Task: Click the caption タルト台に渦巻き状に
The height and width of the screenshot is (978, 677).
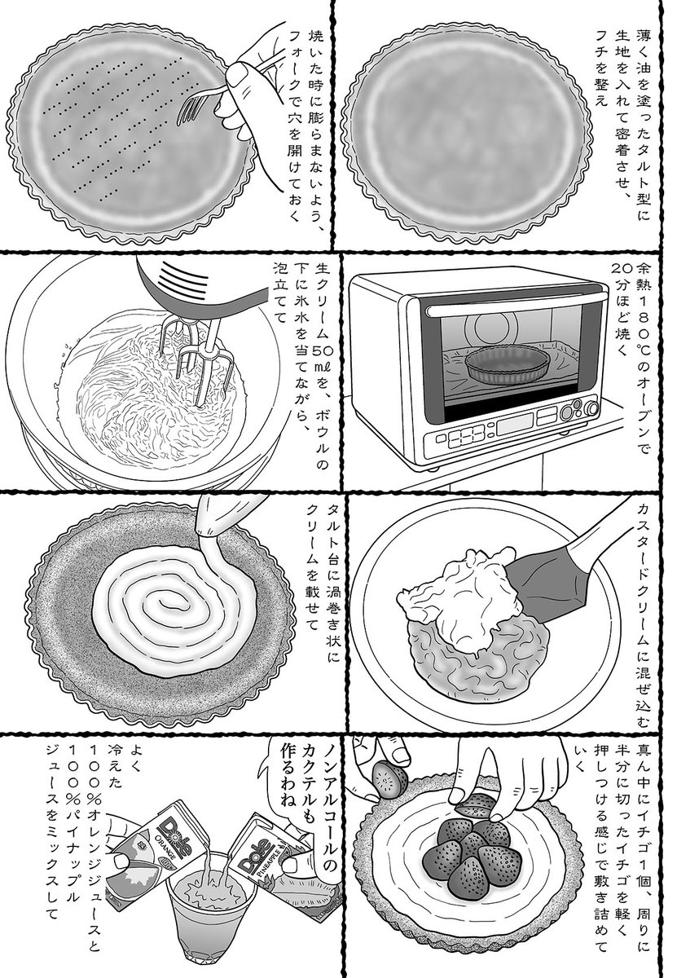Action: [334, 570]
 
